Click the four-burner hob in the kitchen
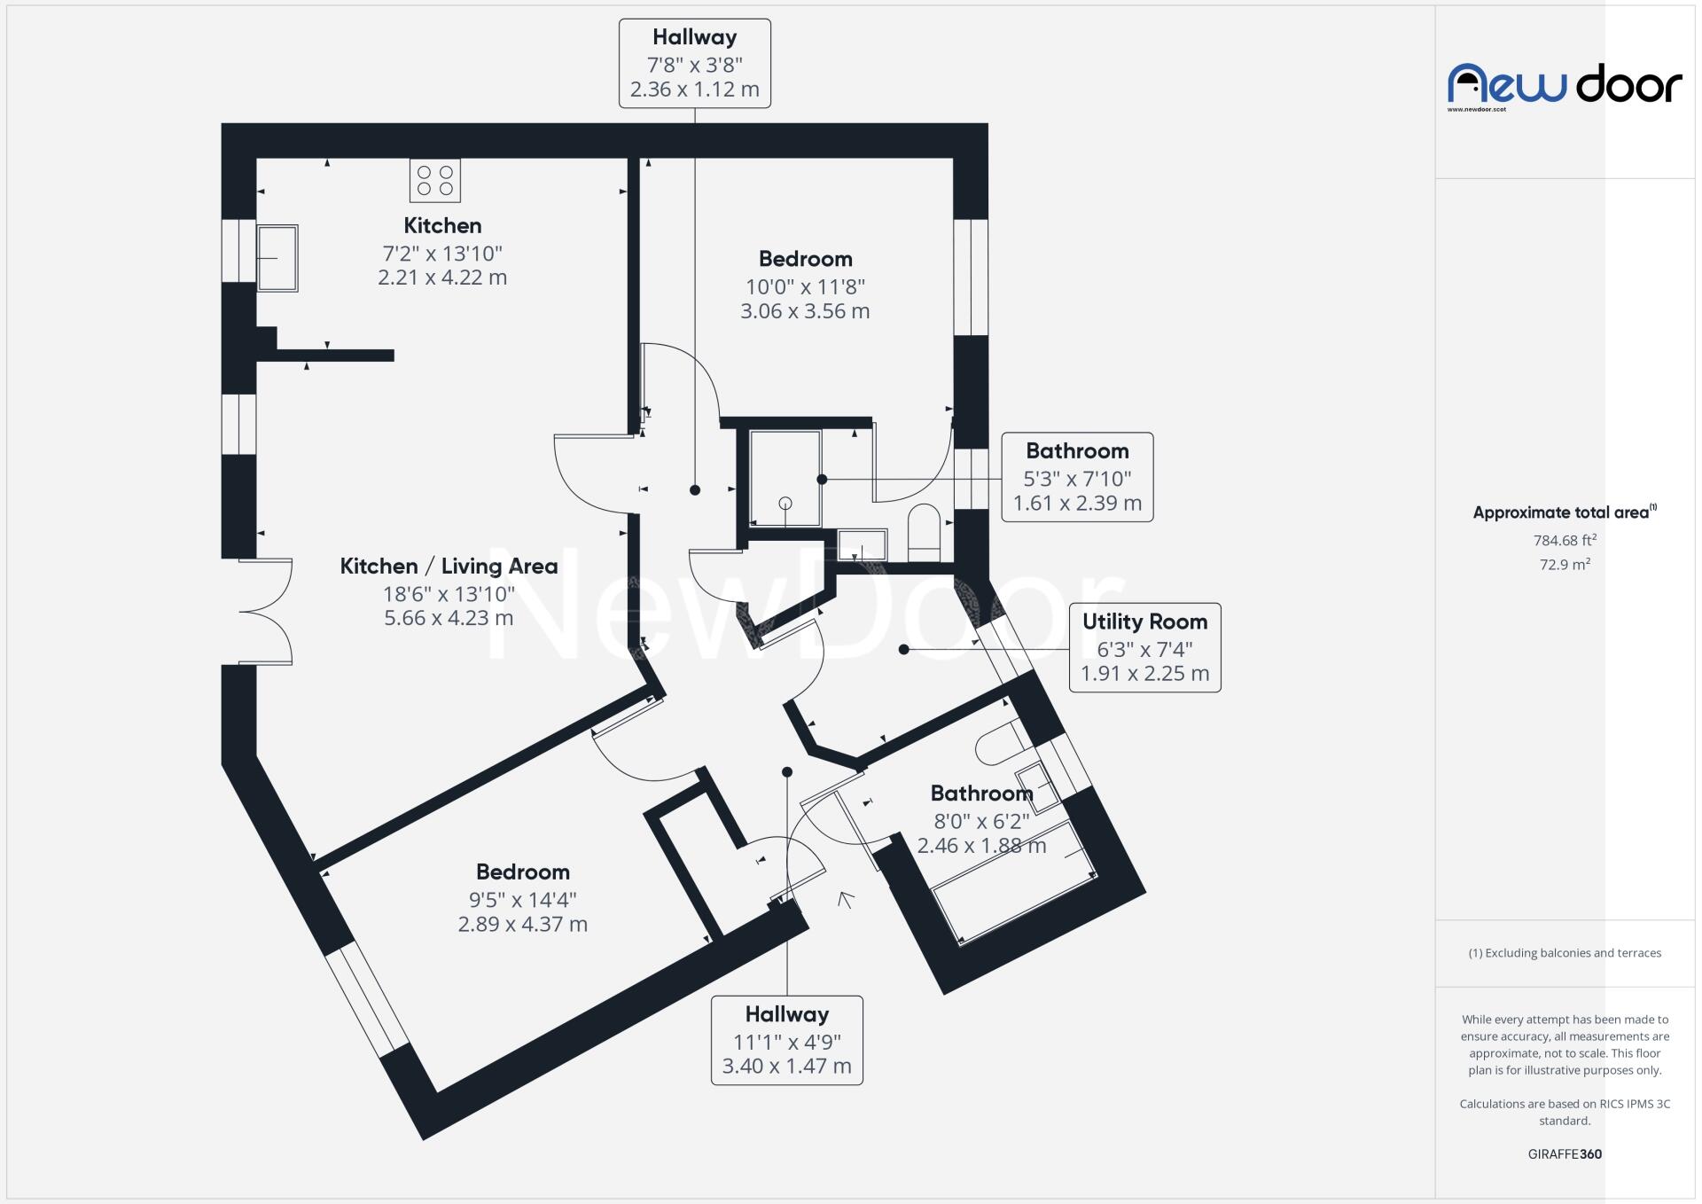(435, 180)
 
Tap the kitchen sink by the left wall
(277, 258)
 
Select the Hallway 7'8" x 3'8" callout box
(695, 64)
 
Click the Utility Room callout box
(1145, 648)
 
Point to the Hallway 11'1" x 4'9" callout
(787, 1040)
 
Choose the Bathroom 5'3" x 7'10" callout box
(1078, 477)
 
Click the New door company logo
(1565, 87)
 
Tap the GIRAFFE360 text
(1565, 1154)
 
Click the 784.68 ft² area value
(1565, 540)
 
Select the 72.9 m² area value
(1565, 565)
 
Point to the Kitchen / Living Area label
(449, 566)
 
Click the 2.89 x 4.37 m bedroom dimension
(523, 924)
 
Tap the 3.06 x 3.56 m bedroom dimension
(805, 311)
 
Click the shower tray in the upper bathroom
(785, 479)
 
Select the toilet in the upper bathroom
(924, 534)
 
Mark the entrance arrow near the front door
(846, 900)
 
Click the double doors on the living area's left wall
(266, 611)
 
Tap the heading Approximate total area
(1565, 512)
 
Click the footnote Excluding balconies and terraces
(1565, 953)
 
